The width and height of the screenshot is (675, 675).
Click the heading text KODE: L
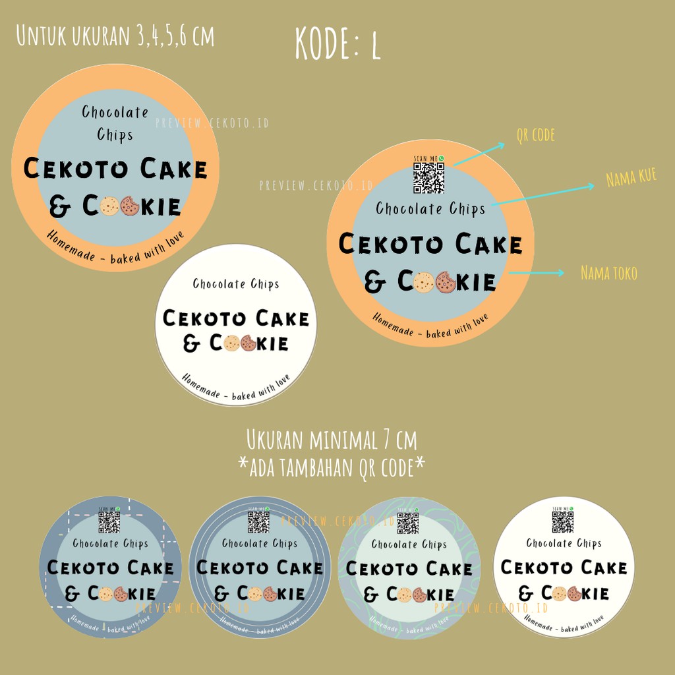coord(337,44)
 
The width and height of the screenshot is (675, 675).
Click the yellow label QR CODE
coord(535,136)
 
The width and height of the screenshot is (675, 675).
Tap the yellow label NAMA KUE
coord(631,179)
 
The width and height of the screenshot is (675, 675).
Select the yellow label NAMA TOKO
coord(609,272)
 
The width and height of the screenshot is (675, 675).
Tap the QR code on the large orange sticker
coord(428,178)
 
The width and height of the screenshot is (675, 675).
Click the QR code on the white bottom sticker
coord(562,522)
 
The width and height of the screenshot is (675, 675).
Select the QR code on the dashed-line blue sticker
coord(109,522)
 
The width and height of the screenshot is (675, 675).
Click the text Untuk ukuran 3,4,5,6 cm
coord(115,36)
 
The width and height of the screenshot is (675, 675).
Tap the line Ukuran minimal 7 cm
coord(332,439)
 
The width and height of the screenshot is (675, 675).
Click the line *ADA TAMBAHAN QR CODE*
coord(332,465)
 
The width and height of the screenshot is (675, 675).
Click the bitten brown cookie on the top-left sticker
coord(130,207)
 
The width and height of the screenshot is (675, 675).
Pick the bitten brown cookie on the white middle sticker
coord(249,343)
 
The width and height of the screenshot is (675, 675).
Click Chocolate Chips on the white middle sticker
coord(236,284)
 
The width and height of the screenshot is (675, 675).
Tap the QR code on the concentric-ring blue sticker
coord(258,522)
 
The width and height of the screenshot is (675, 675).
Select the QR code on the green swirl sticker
coord(408,523)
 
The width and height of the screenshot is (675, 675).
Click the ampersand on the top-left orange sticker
coord(61,208)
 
